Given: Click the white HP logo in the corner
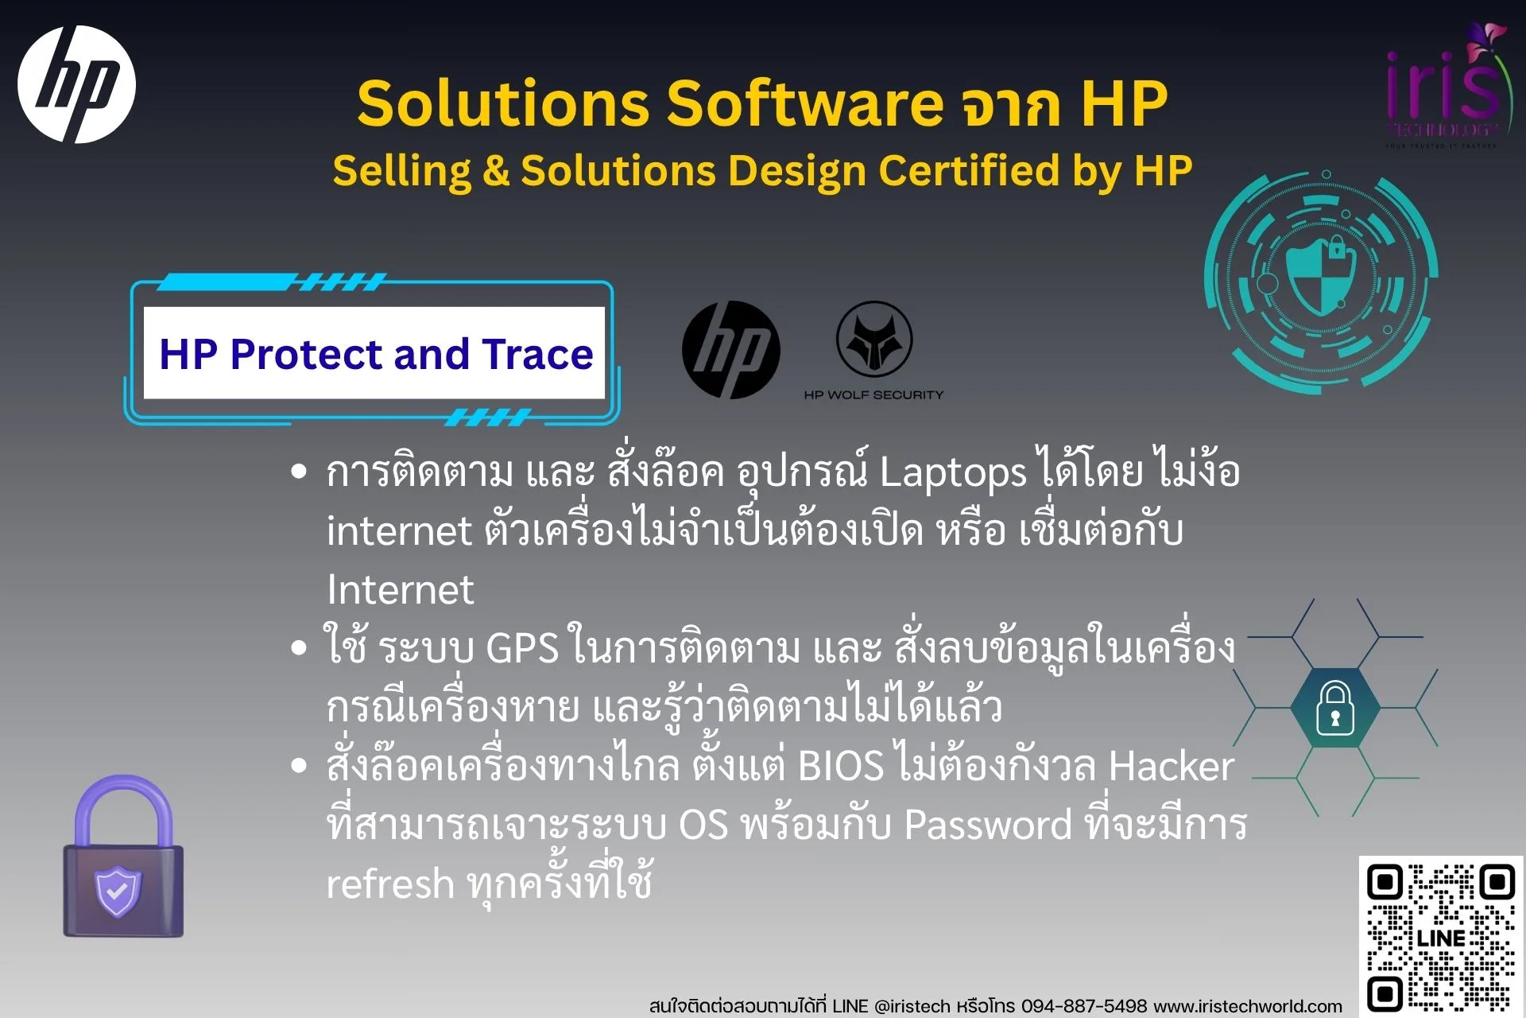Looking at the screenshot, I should click(76, 84).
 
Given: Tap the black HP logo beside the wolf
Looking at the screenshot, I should click(730, 350).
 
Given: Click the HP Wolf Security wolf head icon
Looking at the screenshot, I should click(874, 340).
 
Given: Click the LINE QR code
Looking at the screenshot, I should click(1440, 937).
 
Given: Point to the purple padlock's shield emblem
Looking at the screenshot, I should click(118, 890).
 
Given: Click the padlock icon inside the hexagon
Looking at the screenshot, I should click(1335, 708).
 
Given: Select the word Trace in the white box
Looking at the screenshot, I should click(537, 354).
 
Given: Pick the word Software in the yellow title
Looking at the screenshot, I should click(805, 103).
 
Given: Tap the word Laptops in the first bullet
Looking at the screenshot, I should click(953, 472).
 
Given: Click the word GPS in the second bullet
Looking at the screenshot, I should click(522, 648).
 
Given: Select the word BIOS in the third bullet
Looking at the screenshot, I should click(840, 766).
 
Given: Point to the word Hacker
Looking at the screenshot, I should click(1171, 766).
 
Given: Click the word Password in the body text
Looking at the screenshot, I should click(988, 825).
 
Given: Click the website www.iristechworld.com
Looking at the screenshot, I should click(1248, 1005).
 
